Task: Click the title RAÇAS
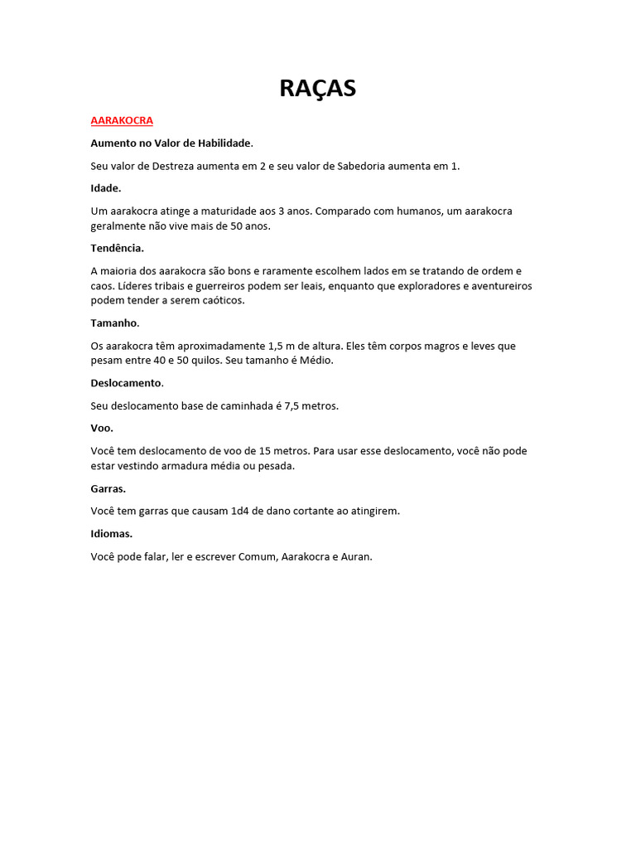317,88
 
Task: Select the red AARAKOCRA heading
122,120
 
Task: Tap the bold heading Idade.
105,188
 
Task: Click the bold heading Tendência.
117,248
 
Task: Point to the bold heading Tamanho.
114,323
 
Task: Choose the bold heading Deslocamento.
127,383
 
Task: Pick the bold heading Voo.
102,428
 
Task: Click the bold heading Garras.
108,488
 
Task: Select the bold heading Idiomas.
111,533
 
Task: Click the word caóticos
222,300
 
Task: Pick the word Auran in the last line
356,556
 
